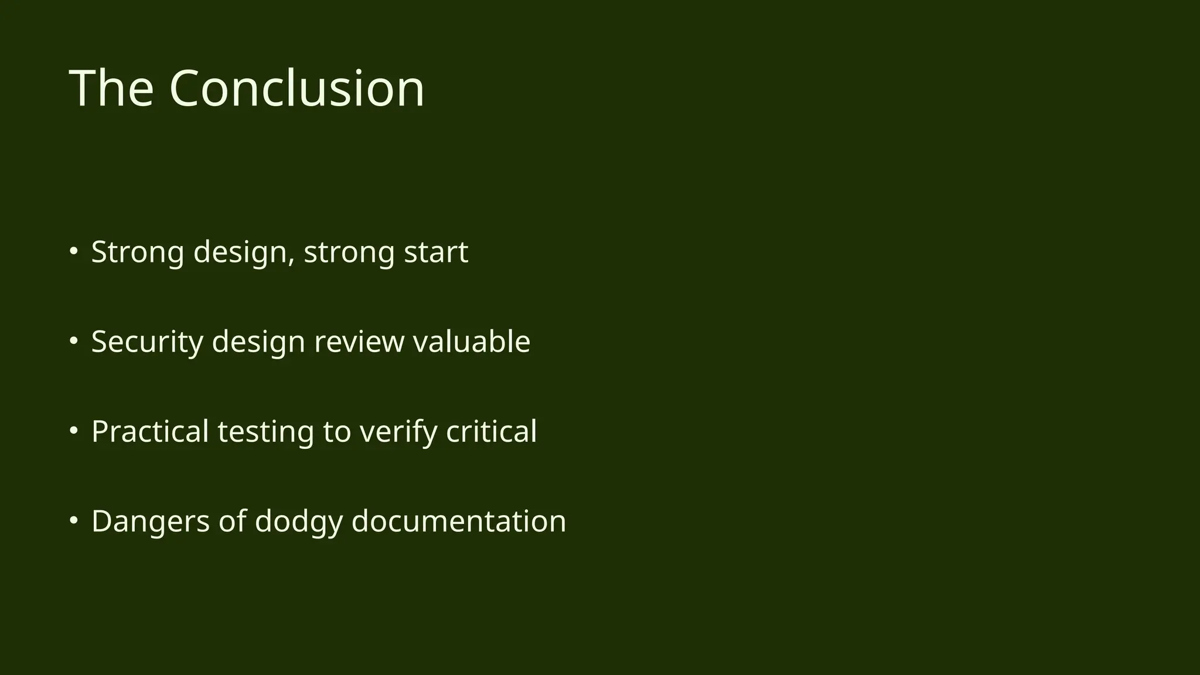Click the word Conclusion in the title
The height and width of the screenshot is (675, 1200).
(x=296, y=88)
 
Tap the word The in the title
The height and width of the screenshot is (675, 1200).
(x=111, y=88)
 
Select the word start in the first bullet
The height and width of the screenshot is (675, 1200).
(x=436, y=252)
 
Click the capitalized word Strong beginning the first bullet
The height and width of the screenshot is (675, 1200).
(x=138, y=252)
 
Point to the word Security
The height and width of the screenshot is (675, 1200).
(x=147, y=342)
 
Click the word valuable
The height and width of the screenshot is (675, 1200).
(x=472, y=342)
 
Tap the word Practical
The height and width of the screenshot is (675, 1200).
(x=150, y=432)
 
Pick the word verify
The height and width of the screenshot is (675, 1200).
(x=398, y=432)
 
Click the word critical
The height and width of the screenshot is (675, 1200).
(x=492, y=432)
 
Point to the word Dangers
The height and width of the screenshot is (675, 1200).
(x=151, y=521)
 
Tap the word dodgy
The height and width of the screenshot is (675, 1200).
(x=298, y=521)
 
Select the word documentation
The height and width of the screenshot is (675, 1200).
(x=459, y=521)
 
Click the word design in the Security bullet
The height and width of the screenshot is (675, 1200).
(x=258, y=342)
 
